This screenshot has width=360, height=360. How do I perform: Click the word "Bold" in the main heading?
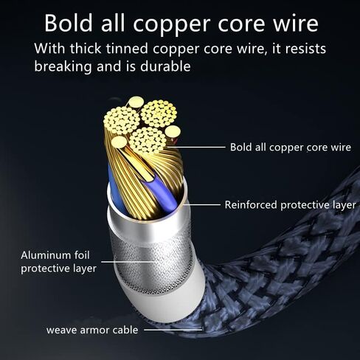[x=69, y=23]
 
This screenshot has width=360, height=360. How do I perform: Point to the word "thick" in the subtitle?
[x=86, y=49]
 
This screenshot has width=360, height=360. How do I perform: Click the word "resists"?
[x=305, y=49]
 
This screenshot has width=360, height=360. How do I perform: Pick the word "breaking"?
[x=63, y=66]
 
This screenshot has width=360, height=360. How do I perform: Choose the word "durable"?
[x=165, y=66]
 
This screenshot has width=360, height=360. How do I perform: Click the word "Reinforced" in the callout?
[x=251, y=205]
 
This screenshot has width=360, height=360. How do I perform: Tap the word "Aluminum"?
[x=44, y=255]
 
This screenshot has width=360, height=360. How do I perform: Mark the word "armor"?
[x=94, y=330]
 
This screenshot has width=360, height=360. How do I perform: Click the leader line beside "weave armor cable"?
[x=173, y=330]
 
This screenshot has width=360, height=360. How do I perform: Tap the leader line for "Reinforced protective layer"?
[x=202, y=204]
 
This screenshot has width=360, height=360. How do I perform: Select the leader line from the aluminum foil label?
[x=130, y=262]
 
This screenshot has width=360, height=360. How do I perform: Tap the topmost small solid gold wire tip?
[x=136, y=102]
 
